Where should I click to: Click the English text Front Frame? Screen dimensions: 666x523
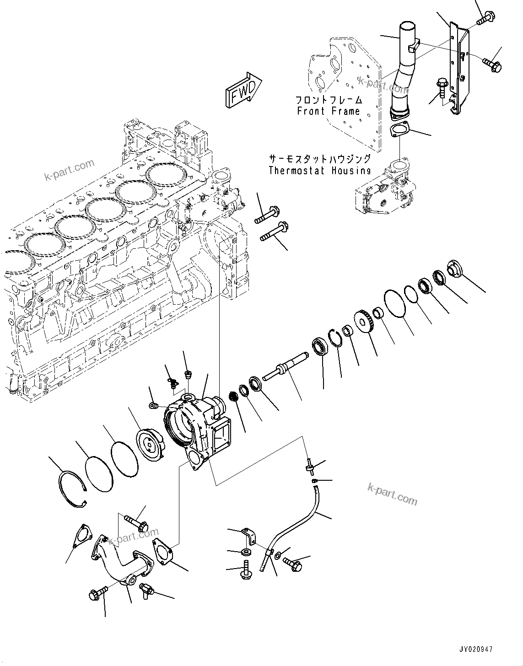328,111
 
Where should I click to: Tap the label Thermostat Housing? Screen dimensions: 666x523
319,171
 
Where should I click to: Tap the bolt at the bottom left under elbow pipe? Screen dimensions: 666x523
97,595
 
